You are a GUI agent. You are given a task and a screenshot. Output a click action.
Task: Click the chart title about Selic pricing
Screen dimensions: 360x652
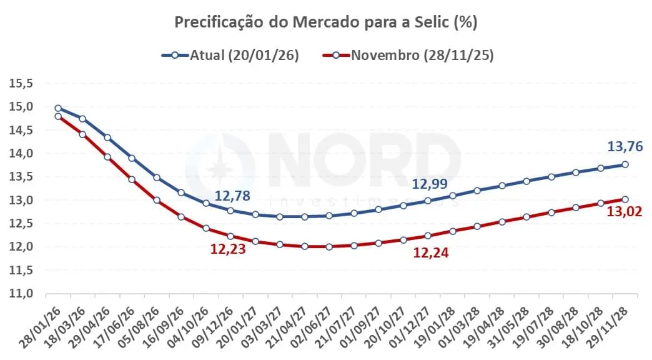(x=325, y=22)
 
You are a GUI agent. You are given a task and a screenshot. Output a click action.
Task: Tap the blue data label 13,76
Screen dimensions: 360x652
(x=625, y=147)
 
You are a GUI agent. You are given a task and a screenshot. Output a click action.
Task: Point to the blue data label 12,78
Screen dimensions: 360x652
(x=232, y=196)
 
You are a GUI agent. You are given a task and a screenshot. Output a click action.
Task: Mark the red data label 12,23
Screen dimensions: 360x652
(x=227, y=249)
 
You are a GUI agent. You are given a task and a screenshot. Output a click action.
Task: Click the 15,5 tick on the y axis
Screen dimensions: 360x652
(x=21, y=83)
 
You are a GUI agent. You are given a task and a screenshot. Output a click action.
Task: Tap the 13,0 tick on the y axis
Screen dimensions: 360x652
(x=21, y=200)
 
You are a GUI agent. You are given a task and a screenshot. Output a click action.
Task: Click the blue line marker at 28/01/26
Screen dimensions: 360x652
(x=58, y=108)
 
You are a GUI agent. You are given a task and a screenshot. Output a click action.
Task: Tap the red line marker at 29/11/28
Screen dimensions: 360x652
(x=625, y=199)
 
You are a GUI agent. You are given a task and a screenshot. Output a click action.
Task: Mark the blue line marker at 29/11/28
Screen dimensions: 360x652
(x=625, y=164)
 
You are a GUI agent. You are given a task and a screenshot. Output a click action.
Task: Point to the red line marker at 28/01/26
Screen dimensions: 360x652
(x=58, y=116)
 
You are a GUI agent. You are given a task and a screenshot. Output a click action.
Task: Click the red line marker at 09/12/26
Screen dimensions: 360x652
(x=230, y=236)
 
